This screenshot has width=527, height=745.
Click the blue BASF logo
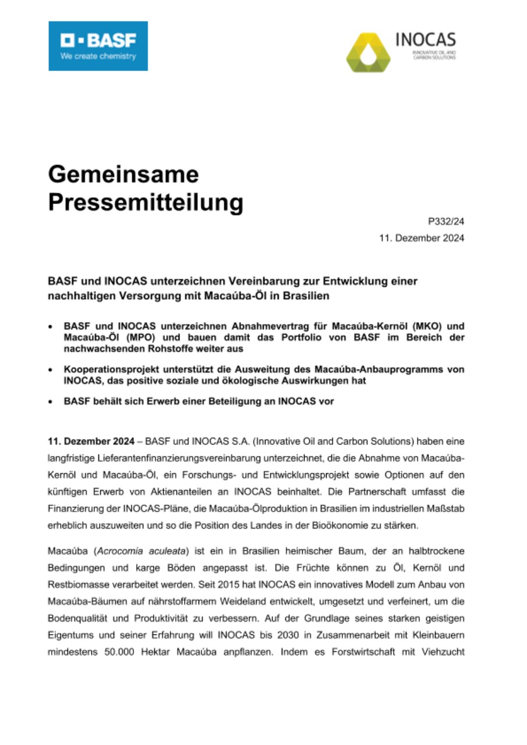tap(98, 46)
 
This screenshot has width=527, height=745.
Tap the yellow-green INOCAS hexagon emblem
tap(368, 52)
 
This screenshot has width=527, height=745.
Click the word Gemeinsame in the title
tap(123, 174)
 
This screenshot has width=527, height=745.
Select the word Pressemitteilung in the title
tap(145, 202)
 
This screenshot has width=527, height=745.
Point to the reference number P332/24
tap(446, 221)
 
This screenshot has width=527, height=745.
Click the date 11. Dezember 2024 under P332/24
tap(422, 238)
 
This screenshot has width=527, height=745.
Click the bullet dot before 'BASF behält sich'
tap(51, 401)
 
